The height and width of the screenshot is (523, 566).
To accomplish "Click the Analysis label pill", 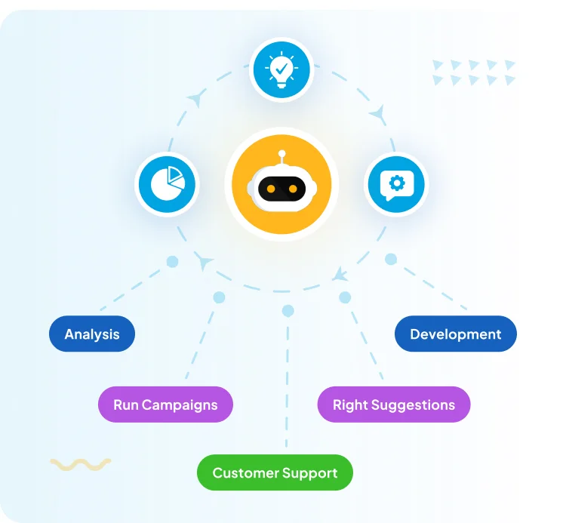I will pyautogui.click(x=92, y=334).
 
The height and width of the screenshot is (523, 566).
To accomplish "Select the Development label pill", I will pyautogui.click(x=456, y=334).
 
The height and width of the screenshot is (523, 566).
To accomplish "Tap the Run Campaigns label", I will pyautogui.click(x=165, y=405).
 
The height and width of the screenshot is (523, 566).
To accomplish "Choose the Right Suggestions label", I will pyautogui.click(x=394, y=405).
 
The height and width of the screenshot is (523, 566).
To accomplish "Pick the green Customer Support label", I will pyautogui.click(x=275, y=473).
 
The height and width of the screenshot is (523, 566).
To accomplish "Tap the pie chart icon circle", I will pyautogui.click(x=167, y=183).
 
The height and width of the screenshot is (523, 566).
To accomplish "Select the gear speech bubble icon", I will pyautogui.click(x=396, y=183).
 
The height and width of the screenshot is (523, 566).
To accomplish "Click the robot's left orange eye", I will pyautogui.click(x=270, y=189).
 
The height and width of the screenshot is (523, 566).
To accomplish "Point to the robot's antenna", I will pyautogui.click(x=281, y=155).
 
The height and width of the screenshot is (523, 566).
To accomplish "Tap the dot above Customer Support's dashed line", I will pyautogui.click(x=288, y=310).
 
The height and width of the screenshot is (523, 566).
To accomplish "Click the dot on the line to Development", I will pyautogui.click(x=391, y=260).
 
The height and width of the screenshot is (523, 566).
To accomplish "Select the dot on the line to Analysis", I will pyautogui.click(x=172, y=262).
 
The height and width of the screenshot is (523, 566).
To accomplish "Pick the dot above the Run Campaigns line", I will pyautogui.click(x=219, y=297).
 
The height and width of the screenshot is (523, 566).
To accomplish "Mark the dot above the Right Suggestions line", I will pyautogui.click(x=345, y=297).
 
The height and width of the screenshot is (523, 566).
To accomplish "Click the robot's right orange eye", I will pyautogui.click(x=294, y=189).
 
